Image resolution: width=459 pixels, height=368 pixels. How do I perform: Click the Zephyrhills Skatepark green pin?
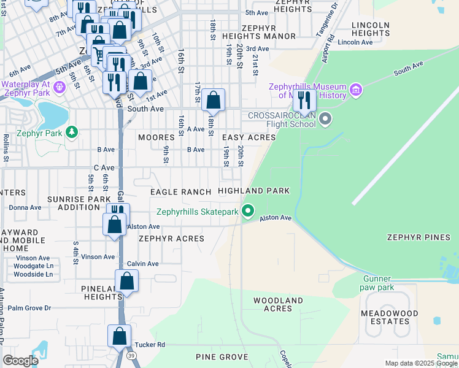248,212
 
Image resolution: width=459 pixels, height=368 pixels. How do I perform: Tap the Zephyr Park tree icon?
72,132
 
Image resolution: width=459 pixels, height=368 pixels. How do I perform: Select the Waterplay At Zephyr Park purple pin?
59,88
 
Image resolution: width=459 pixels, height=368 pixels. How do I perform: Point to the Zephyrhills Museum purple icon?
355,91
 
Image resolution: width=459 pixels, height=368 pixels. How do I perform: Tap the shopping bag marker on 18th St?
213,99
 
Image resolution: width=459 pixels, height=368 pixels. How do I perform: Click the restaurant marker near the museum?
304,99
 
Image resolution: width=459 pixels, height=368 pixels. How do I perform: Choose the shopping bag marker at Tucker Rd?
119,336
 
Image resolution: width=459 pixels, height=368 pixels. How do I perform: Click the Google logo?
20,360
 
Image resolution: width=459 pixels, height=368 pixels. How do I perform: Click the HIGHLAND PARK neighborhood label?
253,191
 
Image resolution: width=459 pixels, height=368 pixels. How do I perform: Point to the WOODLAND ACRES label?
277,304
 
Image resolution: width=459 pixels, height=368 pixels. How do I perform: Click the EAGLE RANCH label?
181,192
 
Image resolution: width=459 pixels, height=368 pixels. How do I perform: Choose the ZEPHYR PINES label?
418,237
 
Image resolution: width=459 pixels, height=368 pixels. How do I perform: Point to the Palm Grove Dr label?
29,308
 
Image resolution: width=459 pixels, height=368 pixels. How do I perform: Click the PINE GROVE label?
222,356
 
